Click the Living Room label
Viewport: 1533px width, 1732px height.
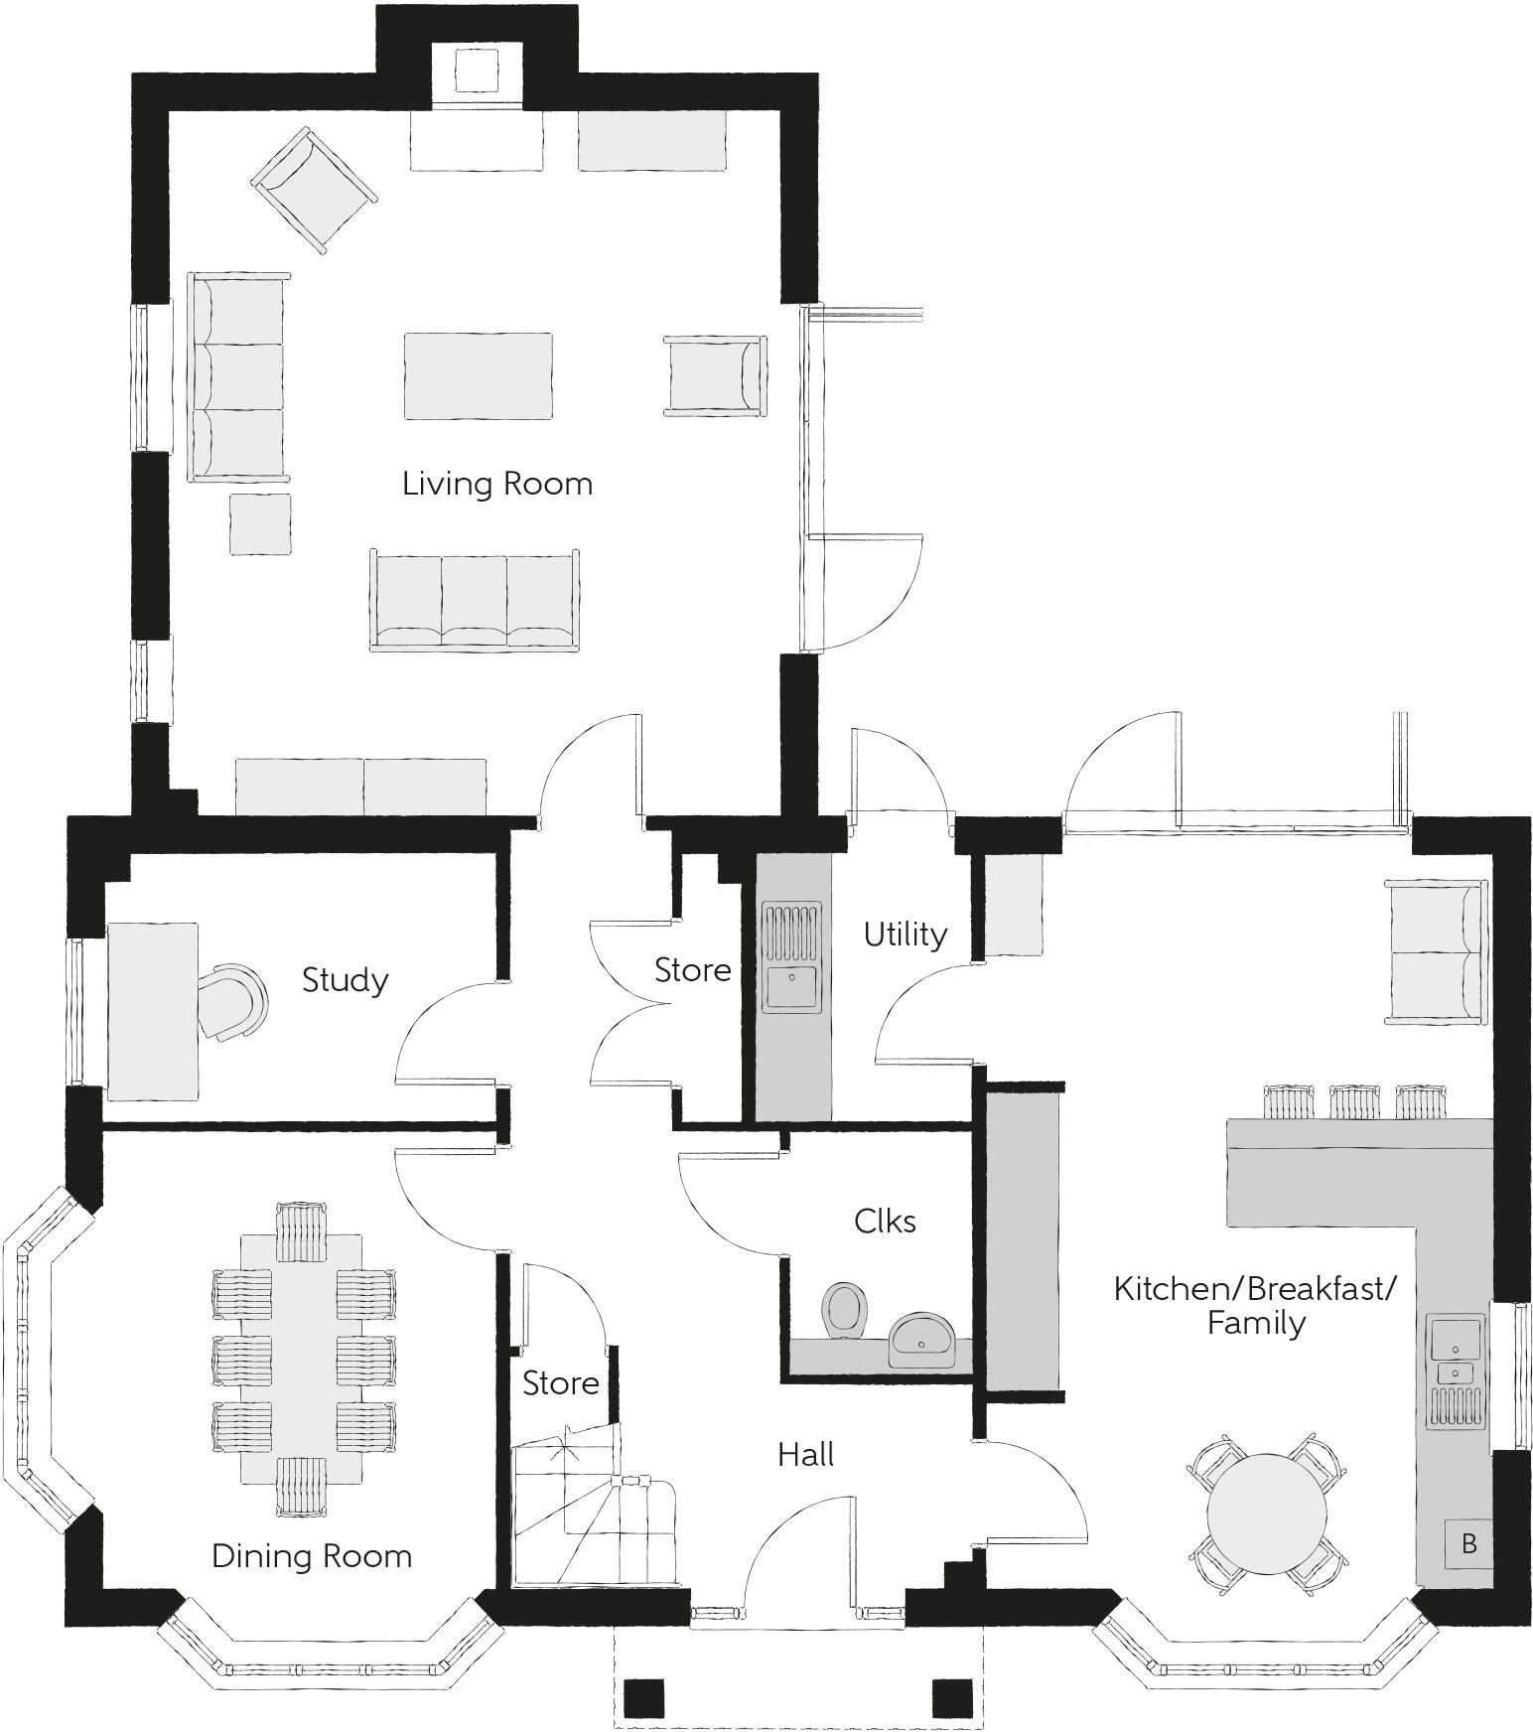pos(496,484)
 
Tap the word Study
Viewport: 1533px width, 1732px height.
pos(345,980)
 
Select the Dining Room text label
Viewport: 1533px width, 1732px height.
pos(312,1555)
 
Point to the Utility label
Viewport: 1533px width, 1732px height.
pos(905,935)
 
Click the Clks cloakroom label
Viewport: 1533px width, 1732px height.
pos(885,1222)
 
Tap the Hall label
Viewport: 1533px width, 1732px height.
pos(805,1455)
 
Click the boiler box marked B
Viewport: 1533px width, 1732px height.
pos(1468,1544)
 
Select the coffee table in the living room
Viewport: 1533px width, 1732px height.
pos(478,375)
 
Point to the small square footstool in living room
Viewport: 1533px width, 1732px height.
pos(260,524)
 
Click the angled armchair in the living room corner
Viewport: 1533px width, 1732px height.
pos(314,190)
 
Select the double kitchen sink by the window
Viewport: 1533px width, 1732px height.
pos(1456,1371)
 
